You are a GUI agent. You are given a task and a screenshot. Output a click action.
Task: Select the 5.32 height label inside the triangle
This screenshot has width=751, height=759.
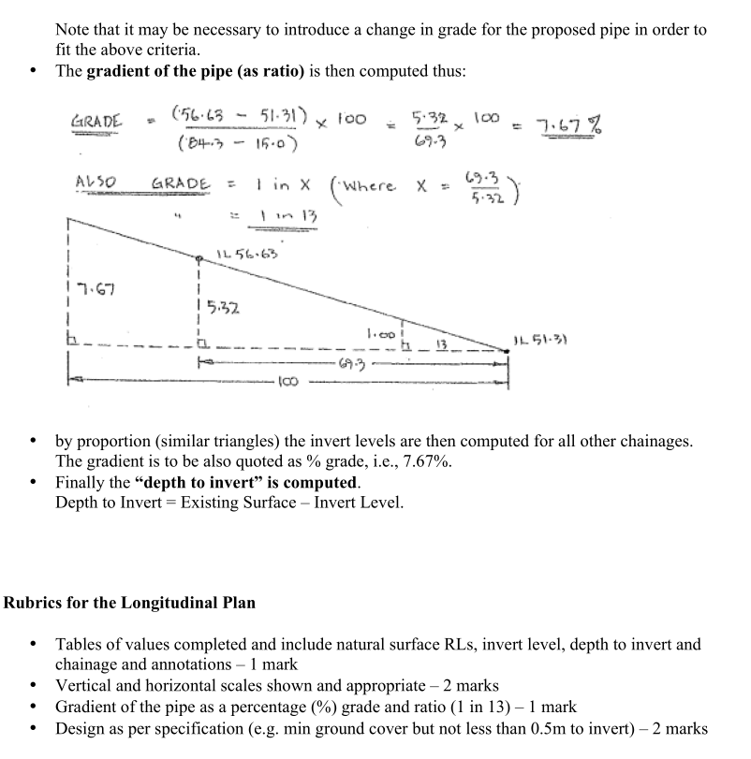tap(223, 308)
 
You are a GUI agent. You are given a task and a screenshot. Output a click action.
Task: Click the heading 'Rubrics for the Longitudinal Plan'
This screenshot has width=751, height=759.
tap(129, 602)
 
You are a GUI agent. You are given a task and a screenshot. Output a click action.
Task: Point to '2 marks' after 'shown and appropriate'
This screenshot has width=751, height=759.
tap(470, 686)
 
